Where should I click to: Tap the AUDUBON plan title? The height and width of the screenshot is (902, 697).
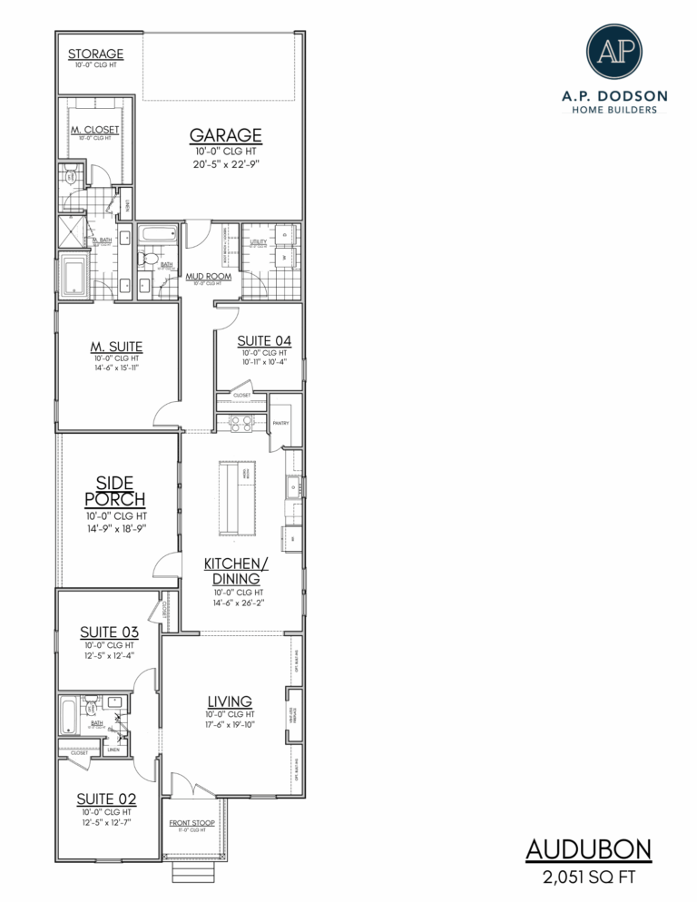[589, 850]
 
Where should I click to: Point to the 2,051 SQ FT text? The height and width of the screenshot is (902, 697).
[589, 877]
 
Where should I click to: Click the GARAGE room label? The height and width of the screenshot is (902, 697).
[226, 135]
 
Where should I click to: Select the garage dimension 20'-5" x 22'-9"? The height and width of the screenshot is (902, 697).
[226, 164]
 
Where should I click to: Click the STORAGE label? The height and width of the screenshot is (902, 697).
[95, 54]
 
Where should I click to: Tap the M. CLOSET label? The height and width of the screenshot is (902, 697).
[95, 130]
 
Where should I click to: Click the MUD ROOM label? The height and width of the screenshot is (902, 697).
[209, 276]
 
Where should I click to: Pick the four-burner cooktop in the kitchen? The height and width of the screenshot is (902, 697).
[241, 422]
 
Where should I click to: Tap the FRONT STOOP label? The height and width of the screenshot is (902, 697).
[191, 823]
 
